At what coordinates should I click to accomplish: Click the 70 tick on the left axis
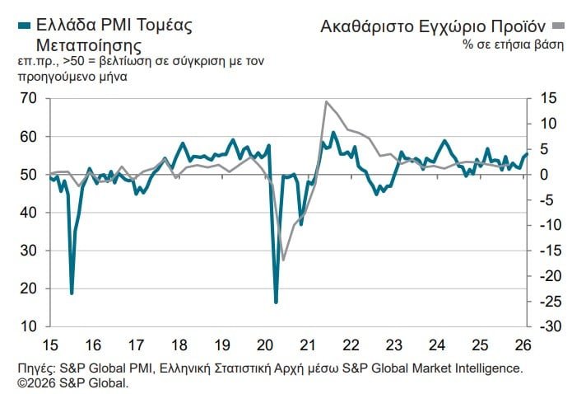(x=29, y=98)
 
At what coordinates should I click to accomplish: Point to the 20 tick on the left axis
(x=29, y=288)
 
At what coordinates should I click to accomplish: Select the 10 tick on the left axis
(x=29, y=326)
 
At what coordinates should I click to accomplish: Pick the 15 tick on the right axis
(x=546, y=98)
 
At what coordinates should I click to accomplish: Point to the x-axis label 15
(x=50, y=344)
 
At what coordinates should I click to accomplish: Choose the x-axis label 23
(x=394, y=344)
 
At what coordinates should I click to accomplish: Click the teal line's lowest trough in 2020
(x=276, y=302)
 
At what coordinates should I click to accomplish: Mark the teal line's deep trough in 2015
(x=72, y=293)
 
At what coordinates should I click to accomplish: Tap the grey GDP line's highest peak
(x=327, y=101)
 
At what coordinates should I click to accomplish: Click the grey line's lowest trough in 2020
(x=284, y=260)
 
